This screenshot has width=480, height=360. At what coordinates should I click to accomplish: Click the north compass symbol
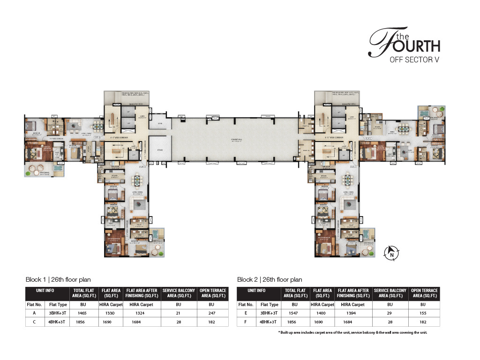[x=391, y=254]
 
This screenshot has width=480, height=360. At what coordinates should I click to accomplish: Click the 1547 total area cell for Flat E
[x=295, y=313]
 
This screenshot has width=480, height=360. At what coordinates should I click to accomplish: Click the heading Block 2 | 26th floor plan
[x=270, y=279]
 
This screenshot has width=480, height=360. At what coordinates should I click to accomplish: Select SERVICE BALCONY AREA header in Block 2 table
[x=390, y=293]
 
